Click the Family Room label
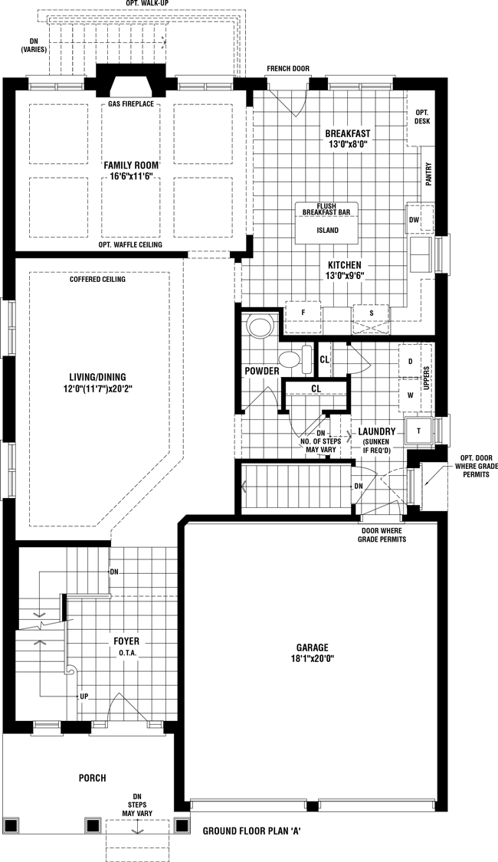[x=131, y=165]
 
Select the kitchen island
[x=328, y=223]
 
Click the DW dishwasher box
[x=414, y=220]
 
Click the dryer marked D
[x=409, y=361]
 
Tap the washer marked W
[x=409, y=395]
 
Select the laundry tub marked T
[x=419, y=431]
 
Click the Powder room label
[x=262, y=372]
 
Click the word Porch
[x=93, y=778]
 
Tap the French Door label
[x=288, y=69]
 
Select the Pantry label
[x=429, y=174]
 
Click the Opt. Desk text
[x=422, y=116]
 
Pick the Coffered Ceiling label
[x=97, y=279]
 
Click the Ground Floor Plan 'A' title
[x=251, y=831]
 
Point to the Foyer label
[x=126, y=641]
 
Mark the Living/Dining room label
[x=97, y=377]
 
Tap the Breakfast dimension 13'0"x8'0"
[x=347, y=144]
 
